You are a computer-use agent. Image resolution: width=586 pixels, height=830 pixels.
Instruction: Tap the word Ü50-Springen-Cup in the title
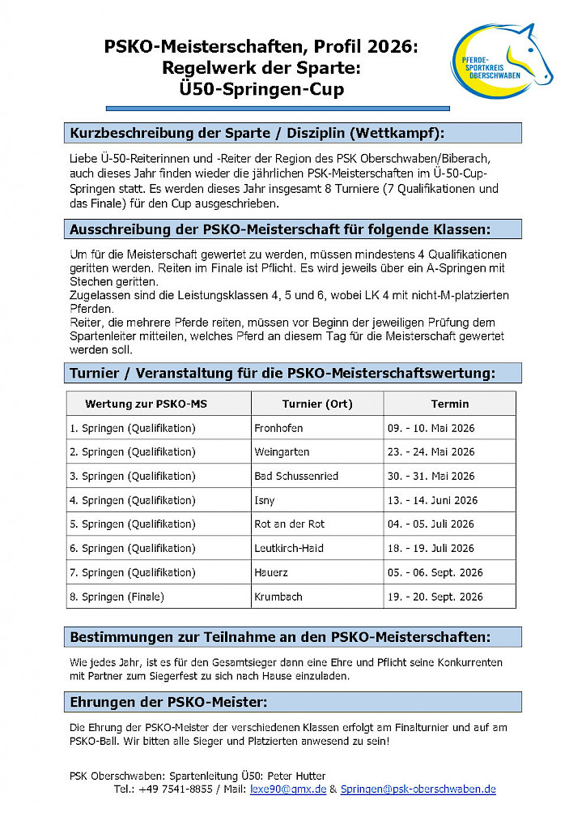261,89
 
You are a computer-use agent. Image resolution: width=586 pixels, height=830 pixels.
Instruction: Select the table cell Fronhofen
278,428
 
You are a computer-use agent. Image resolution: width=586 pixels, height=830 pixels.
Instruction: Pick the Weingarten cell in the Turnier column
282,451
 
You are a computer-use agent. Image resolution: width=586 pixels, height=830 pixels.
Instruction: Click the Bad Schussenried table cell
296,476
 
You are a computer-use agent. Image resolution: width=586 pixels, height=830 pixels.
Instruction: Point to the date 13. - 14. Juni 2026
432,500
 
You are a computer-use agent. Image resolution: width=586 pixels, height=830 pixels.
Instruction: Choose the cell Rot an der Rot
289,524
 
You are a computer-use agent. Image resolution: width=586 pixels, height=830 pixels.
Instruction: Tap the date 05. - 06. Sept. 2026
435,572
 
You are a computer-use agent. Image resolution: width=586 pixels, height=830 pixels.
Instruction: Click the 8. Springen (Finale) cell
117,597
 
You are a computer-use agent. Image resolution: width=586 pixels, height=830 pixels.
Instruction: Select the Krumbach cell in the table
278,597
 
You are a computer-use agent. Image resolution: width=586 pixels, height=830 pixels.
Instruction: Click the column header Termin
449,404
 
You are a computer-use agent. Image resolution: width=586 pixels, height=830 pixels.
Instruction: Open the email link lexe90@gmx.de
288,789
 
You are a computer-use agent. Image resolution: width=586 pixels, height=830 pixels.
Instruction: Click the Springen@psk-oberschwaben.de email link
418,789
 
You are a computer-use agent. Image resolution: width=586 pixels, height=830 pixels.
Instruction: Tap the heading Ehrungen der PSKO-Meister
168,701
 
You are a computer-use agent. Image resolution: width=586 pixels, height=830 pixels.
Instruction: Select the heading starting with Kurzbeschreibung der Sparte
257,133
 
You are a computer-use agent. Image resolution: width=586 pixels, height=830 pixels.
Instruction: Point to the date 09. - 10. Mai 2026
430,428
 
